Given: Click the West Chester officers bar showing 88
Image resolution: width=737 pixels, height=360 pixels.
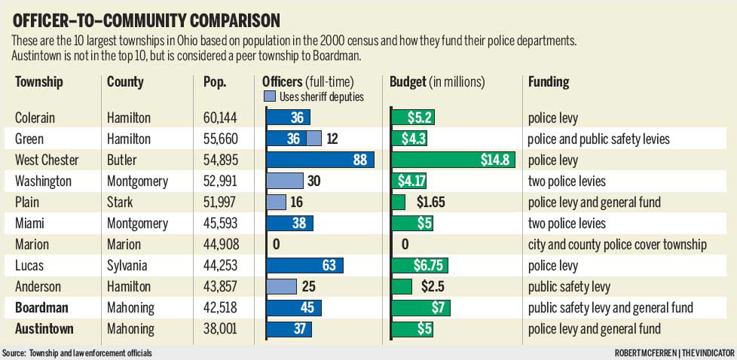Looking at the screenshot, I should click(x=320, y=160).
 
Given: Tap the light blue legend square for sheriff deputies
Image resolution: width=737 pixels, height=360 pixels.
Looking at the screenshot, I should click(x=269, y=96).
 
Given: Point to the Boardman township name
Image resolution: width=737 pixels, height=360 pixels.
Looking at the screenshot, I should click(x=42, y=307).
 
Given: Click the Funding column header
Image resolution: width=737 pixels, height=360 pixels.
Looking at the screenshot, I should click(x=549, y=81).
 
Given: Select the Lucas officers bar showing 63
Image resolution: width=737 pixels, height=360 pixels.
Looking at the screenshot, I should click(x=304, y=265).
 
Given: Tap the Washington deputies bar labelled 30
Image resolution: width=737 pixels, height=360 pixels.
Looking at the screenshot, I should click(x=284, y=181).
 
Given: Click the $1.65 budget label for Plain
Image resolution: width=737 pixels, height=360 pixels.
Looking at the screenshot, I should click(x=432, y=202).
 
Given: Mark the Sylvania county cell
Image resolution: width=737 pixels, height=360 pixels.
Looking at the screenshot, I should click(x=128, y=265).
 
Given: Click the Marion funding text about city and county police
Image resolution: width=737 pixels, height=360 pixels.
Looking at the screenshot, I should click(x=617, y=244).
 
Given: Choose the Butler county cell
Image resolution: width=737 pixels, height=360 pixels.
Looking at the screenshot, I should click(x=123, y=160).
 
